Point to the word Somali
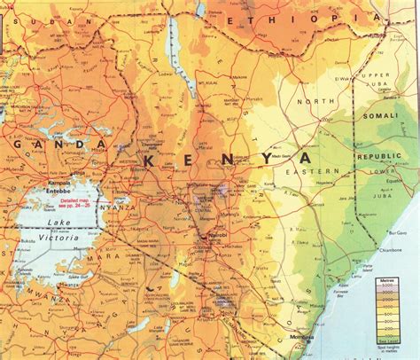tap(382, 115)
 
